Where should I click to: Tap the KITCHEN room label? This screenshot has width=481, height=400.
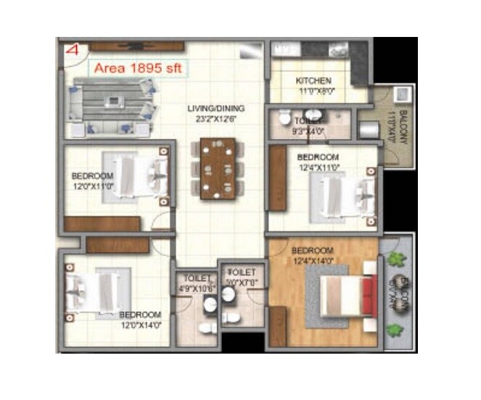[313, 80]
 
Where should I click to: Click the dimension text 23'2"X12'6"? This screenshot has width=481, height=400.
[215, 119]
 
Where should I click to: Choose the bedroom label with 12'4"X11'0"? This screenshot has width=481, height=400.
[318, 157]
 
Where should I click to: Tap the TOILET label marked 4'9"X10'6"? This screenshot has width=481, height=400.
[197, 278]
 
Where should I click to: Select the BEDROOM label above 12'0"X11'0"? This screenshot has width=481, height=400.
[92, 176]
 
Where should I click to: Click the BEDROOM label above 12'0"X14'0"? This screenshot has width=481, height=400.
[140, 314]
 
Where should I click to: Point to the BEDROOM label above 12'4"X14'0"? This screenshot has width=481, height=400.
[312, 251]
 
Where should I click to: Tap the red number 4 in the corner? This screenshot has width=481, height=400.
[72, 51]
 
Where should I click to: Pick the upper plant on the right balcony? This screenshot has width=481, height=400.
[395, 259]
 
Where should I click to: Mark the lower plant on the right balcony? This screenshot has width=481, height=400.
[395, 330]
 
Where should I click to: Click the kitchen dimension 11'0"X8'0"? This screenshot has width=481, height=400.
[313, 92]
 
